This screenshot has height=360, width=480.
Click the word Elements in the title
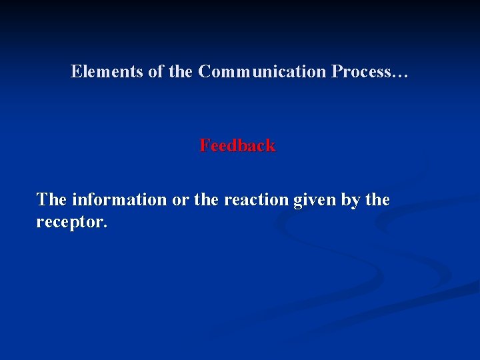[107, 71]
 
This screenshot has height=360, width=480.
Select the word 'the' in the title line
[180, 71]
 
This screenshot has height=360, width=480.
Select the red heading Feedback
[237, 145]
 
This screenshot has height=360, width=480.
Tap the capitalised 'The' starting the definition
[51, 199]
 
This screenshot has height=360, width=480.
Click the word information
[119, 199]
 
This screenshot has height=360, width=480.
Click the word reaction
[256, 199]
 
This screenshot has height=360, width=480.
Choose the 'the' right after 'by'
[377, 199]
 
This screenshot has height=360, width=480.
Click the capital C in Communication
[204, 71]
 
